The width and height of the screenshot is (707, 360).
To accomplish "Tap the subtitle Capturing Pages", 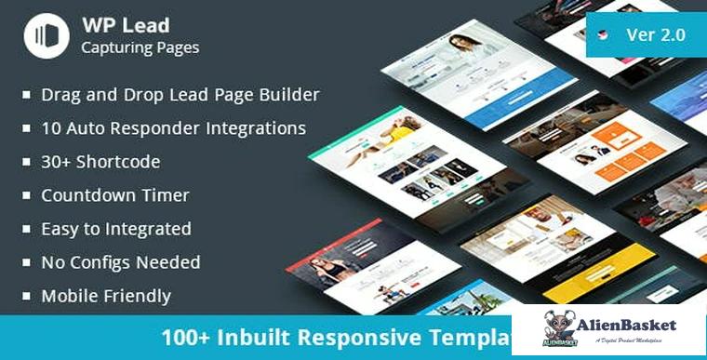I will (140, 47).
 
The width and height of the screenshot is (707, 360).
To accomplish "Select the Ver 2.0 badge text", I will (656, 35).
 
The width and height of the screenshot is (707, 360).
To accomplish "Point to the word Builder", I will (287, 95).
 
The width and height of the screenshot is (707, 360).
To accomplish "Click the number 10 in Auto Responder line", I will (52, 128).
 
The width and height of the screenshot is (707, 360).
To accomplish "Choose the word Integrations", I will (249, 128).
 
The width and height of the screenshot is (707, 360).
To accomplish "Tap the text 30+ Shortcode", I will (100, 162).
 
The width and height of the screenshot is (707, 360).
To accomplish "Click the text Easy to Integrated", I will (116, 229).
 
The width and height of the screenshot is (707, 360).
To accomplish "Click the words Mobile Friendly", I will (106, 297).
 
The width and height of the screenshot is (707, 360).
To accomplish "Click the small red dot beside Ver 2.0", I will (604, 36).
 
